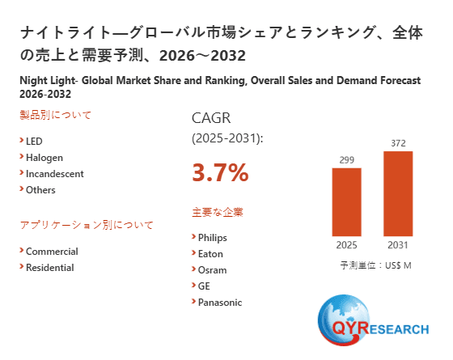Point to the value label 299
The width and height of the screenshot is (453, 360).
(x=347, y=159)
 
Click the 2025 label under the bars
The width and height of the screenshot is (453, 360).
(x=347, y=244)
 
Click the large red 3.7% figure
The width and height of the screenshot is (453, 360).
(x=220, y=172)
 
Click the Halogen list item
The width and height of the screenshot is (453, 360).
(x=44, y=158)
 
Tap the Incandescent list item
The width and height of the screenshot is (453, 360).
(x=54, y=174)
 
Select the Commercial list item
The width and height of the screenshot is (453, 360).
(x=52, y=252)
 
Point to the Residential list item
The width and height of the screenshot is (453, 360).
(x=49, y=268)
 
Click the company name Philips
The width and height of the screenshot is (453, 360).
(x=212, y=238)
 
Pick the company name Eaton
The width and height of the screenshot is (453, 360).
(x=210, y=254)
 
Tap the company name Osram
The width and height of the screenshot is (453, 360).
(x=212, y=270)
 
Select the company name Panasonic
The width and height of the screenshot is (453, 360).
(x=219, y=303)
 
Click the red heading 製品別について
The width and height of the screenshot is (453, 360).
(x=55, y=115)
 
